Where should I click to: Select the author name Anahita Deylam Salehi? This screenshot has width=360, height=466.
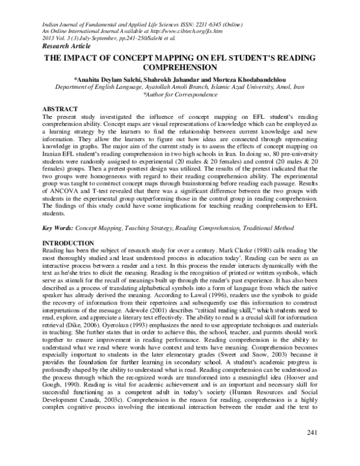coord(111,79)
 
